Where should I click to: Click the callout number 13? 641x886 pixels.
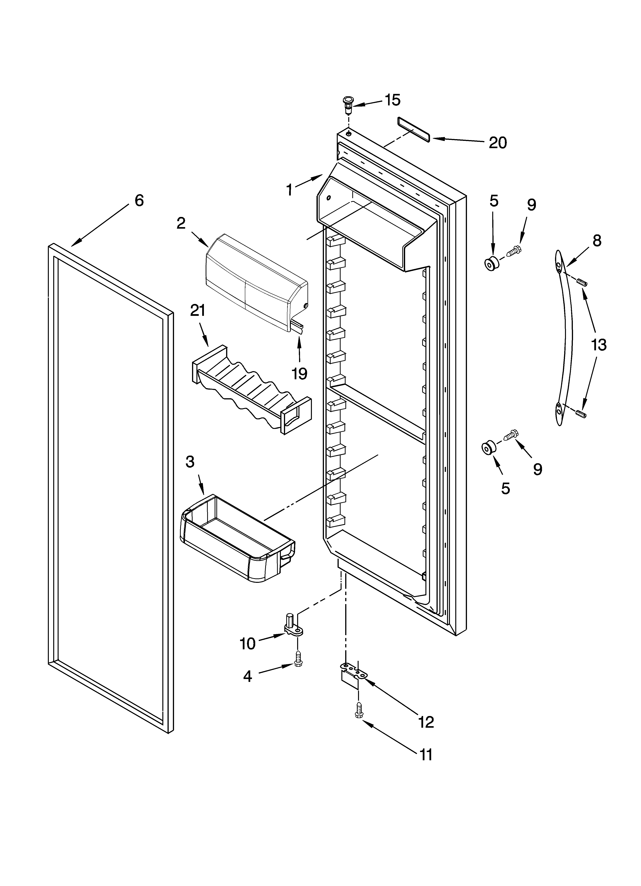[598, 345]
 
